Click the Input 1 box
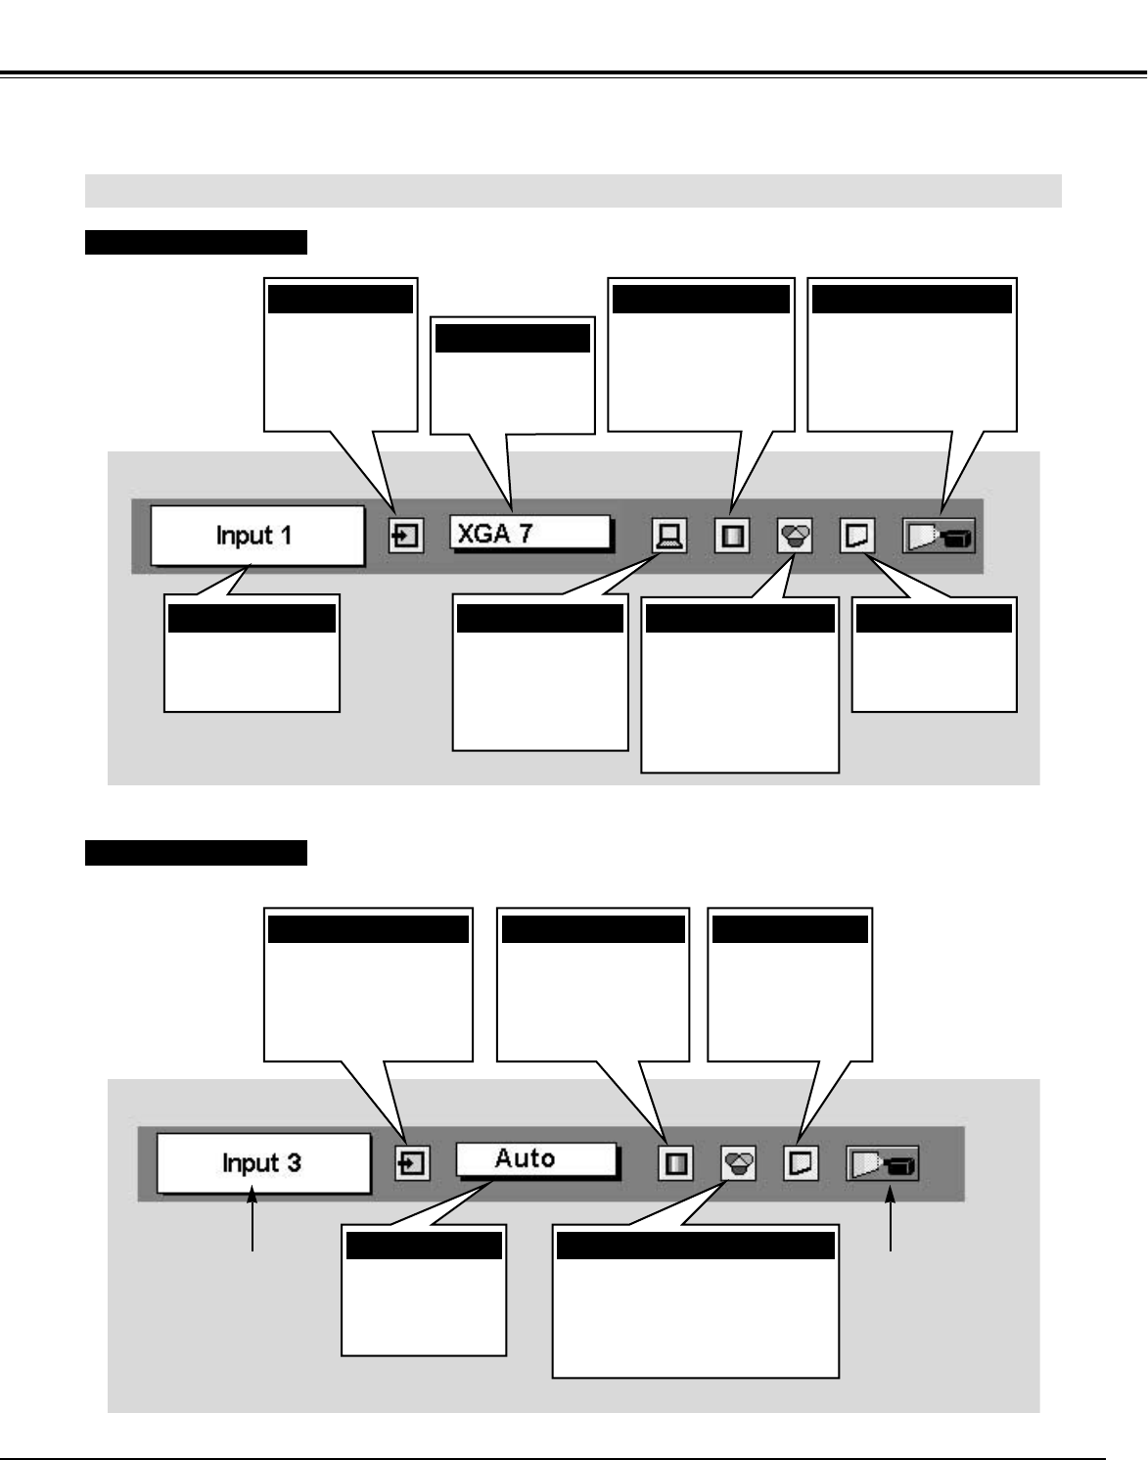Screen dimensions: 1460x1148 point(256,536)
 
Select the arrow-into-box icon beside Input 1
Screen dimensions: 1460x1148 point(406,536)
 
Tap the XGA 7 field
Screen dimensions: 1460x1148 point(529,534)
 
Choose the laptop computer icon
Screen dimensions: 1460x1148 point(669,536)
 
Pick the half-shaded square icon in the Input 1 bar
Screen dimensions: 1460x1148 point(732,536)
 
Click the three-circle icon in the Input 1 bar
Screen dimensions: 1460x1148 point(796,536)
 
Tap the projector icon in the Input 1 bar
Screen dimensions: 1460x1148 point(939,537)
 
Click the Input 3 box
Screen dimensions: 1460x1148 point(263,1163)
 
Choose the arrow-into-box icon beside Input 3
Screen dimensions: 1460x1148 point(412,1163)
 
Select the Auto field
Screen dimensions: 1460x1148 point(536,1160)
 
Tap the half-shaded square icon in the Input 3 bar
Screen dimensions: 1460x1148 point(675,1163)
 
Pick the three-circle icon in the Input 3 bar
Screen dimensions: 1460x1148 point(739,1163)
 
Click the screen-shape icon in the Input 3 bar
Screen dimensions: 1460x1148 point(802,1163)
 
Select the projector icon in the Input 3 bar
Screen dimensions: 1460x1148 point(883,1164)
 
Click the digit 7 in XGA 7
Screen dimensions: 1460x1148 point(525,534)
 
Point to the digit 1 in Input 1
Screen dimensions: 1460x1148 point(286,536)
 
